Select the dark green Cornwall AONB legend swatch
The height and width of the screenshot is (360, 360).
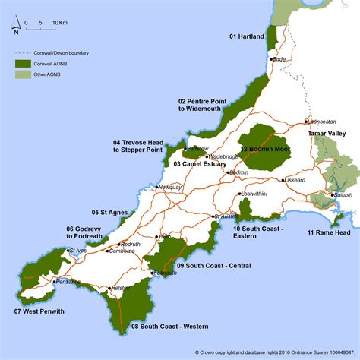coord(22,64)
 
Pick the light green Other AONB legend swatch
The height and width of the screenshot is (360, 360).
coord(22,74)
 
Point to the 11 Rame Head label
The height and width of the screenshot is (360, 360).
coord(329,232)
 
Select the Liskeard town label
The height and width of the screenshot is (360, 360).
coord(295,181)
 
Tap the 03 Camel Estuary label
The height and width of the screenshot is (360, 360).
coord(200,164)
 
